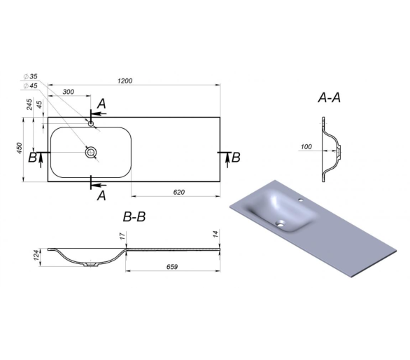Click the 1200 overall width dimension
click(125, 81)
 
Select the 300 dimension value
click(69, 92)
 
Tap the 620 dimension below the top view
click(179, 192)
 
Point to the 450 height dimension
click(20, 148)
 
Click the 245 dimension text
click(29, 104)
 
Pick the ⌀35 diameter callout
click(31, 76)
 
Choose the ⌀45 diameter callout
click(31, 86)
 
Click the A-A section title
click(330, 98)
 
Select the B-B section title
click(134, 217)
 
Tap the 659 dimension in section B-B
click(172, 267)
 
